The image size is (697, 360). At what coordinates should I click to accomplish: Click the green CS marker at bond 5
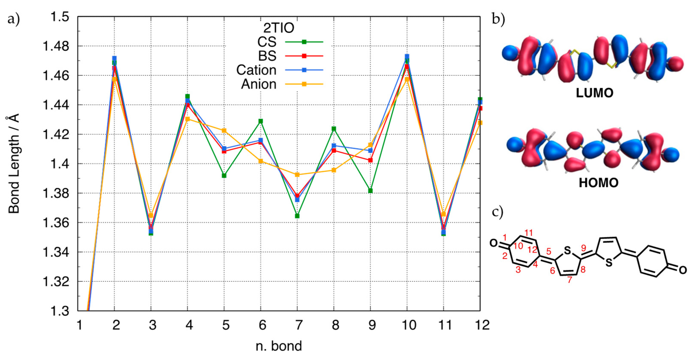pos(224,176)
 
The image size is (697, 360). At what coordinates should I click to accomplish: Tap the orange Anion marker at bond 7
pos(297,175)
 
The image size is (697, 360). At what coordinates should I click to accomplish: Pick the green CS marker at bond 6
pos(260,121)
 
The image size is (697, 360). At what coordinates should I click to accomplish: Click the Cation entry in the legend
pos(256,70)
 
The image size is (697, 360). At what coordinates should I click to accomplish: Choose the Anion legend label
pos(259,84)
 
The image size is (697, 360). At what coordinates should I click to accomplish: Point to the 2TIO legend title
pos(279,28)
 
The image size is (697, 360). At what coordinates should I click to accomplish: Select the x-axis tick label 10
pos(409,325)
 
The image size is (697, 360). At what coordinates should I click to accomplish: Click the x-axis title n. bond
pos(279,346)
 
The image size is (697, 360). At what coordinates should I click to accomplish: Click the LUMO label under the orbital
pos(594,93)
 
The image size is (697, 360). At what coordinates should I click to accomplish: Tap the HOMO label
pos(598,183)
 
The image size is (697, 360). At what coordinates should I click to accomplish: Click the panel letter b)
pos(498,19)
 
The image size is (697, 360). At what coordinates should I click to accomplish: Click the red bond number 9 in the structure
pos(583,248)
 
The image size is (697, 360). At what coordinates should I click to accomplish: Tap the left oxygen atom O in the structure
pos(494,243)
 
